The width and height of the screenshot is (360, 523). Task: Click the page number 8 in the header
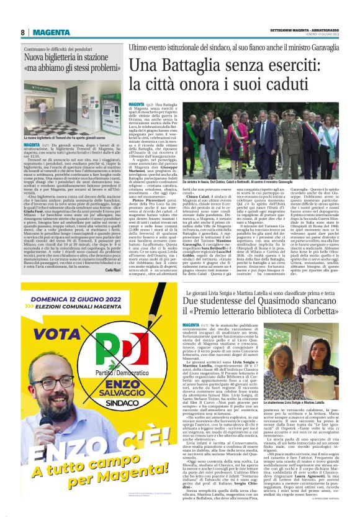[23, 32]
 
